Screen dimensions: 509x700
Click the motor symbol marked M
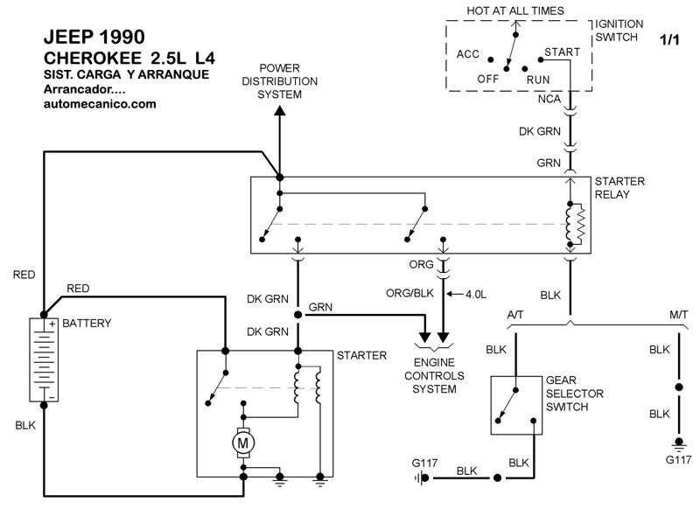[x=241, y=444]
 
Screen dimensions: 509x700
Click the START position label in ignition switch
[x=562, y=52]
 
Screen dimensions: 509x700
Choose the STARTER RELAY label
[x=619, y=187]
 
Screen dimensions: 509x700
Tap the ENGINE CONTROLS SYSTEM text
[x=435, y=375]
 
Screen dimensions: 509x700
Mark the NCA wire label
[x=549, y=100]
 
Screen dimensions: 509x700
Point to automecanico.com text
[x=99, y=104]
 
